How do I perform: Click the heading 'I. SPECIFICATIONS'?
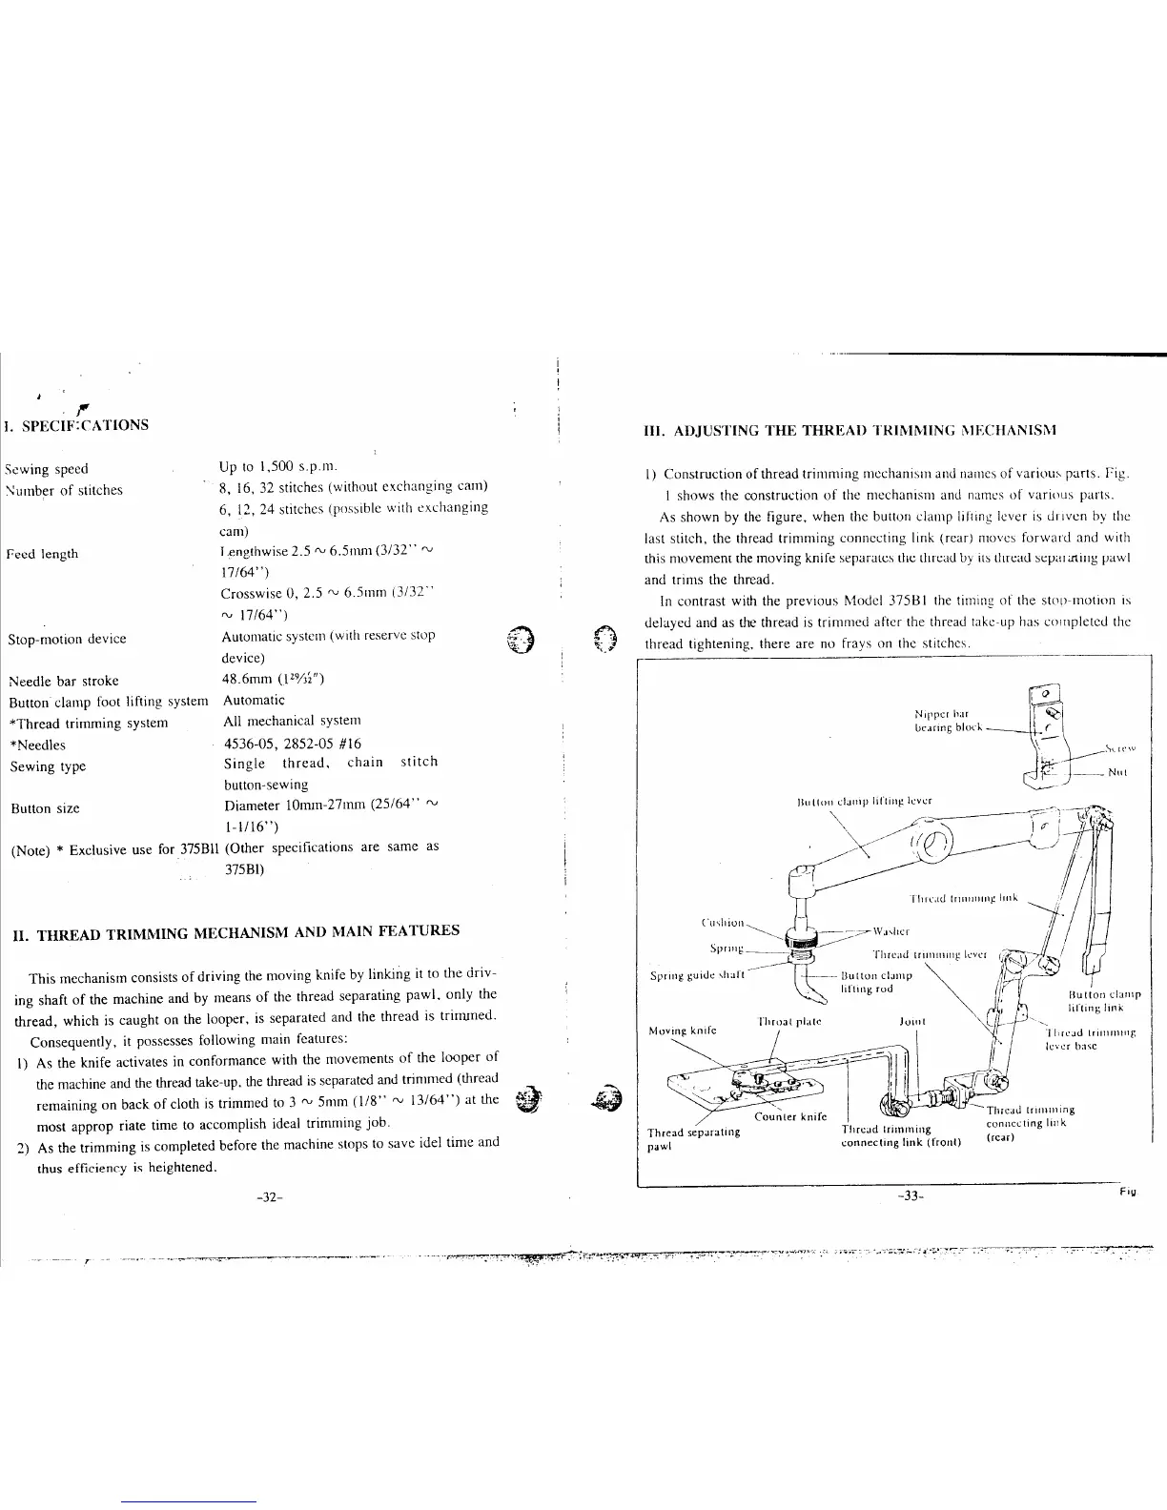77,424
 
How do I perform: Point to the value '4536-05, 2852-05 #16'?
293,744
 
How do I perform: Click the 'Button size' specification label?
45,808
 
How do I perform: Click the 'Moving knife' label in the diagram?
682,1030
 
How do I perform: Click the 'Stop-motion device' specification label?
67,639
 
